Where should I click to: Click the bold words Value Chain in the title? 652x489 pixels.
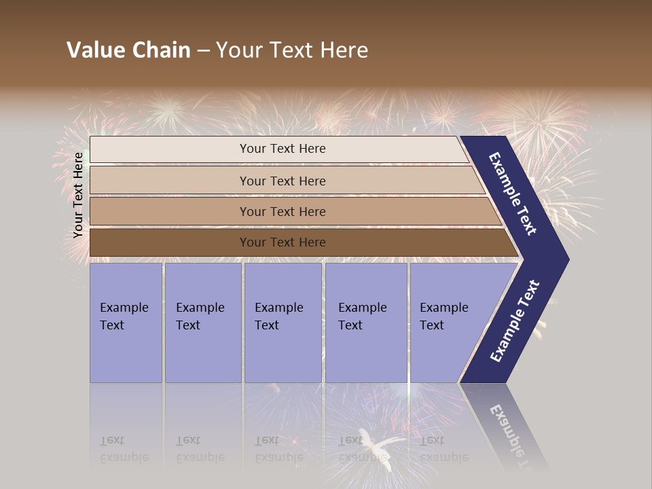coord(128,50)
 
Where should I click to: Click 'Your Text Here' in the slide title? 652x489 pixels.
coord(292,50)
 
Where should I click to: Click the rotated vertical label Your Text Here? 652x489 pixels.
coord(78,195)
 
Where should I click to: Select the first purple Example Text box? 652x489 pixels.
coord(126,323)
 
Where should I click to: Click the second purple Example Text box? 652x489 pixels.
coord(202,323)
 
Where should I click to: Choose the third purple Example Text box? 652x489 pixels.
coord(283,323)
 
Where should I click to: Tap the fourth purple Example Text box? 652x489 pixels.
coord(365,323)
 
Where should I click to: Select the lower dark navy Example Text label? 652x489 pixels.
coord(515,321)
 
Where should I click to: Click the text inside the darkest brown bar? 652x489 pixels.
coord(283,242)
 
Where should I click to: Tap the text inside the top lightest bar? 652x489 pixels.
coord(283,149)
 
